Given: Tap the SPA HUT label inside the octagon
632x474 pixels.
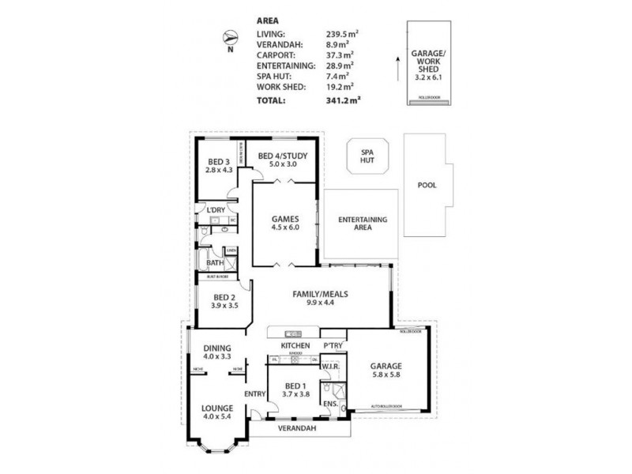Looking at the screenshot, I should coord(366,156).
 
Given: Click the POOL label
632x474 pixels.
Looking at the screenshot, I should coord(427,186).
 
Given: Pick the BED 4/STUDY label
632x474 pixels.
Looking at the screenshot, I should coord(282,156).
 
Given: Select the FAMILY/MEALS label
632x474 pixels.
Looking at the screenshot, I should coord(321,292).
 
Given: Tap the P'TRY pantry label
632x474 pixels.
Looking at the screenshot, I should coord(332,346).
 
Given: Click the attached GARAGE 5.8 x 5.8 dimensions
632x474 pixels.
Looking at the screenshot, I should coord(386,376).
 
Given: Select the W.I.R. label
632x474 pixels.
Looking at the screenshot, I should coord(331,366).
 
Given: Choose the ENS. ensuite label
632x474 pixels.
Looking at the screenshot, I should coord(330,404).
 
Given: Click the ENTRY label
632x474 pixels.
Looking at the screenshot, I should coord(254,394).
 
